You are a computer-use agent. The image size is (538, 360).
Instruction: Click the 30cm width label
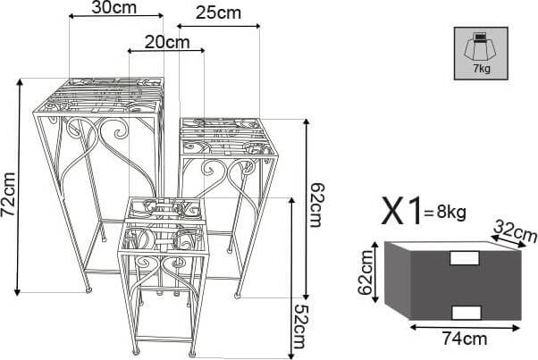click(x=113, y=7)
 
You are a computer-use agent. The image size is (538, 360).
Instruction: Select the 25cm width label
click(x=219, y=13)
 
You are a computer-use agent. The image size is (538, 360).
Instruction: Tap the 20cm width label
click(x=167, y=43)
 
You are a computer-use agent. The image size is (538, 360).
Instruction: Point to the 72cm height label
click(x=9, y=194)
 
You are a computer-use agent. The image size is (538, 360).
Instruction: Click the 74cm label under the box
click(x=465, y=339)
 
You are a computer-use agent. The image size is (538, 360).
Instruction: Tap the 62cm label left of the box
click(x=365, y=272)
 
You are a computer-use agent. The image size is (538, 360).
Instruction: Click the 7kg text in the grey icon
click(x=482, y=69)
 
